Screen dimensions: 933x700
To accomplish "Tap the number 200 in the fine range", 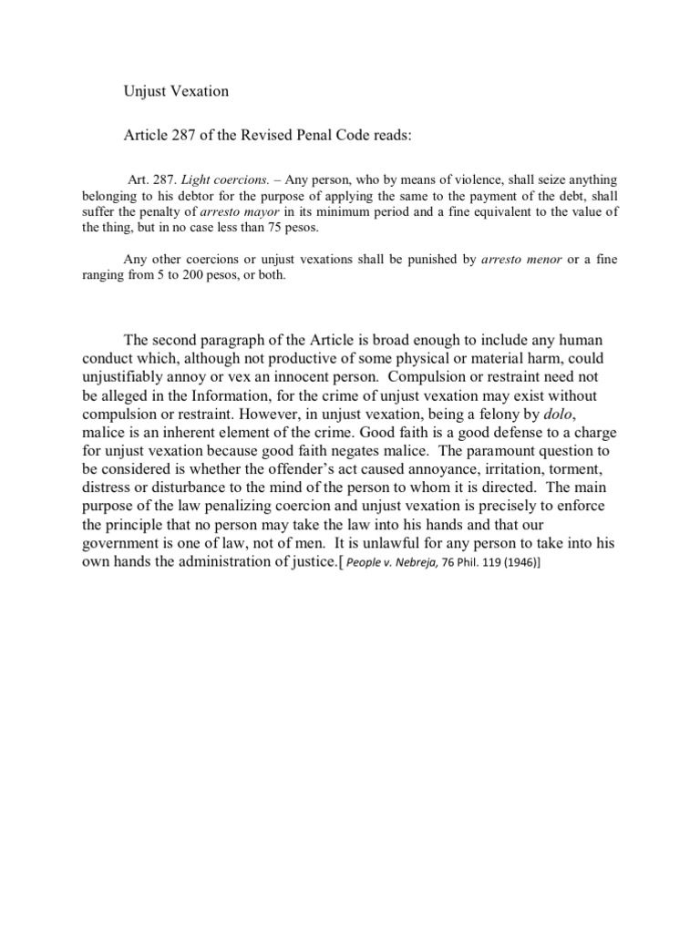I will (202, 276).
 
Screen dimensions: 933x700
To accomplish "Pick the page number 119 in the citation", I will (488, 565).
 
